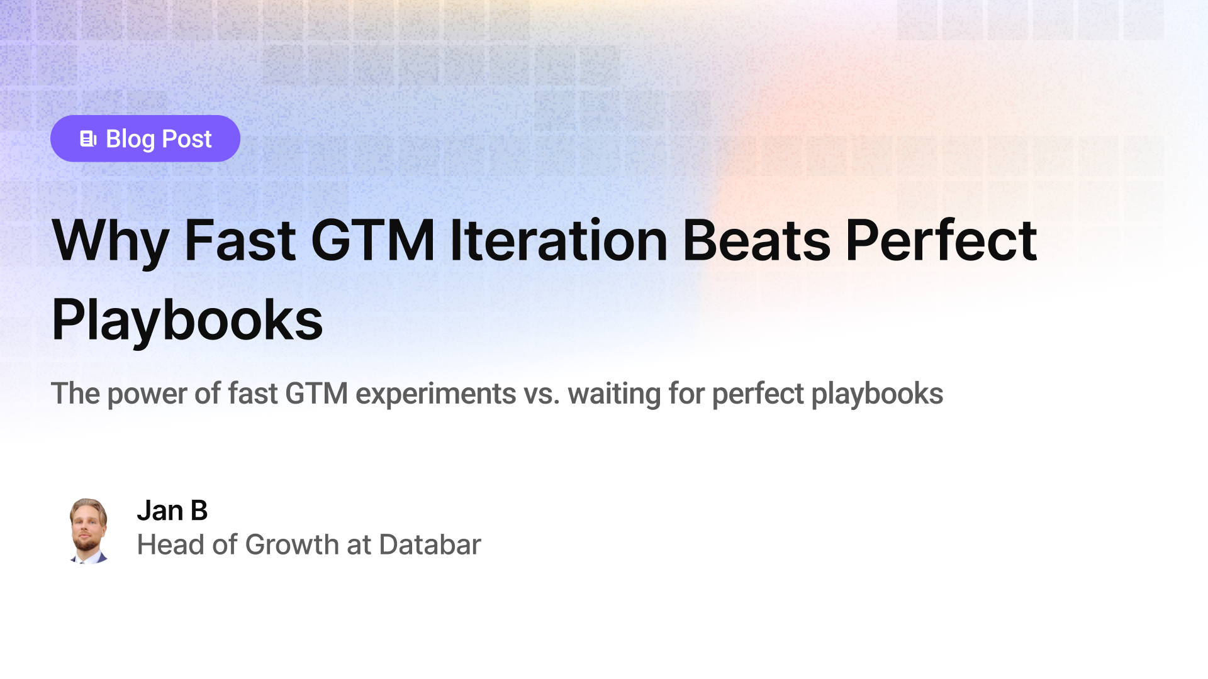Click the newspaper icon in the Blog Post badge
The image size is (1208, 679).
[88, 139]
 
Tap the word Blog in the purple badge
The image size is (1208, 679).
[130, 140]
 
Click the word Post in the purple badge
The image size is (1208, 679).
[187, 139]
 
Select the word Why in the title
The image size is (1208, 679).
[110, 241]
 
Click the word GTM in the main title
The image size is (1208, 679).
[372, 241]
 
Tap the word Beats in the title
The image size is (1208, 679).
[756, 241]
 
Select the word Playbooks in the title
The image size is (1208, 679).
[187, 321]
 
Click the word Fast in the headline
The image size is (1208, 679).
[240, 241]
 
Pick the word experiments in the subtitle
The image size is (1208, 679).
[435, 394]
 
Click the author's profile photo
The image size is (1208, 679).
[88, 531]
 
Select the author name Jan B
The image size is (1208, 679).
[172, 511]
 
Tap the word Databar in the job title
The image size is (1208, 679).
[430, 544]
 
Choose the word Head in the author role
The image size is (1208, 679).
[171, 544]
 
